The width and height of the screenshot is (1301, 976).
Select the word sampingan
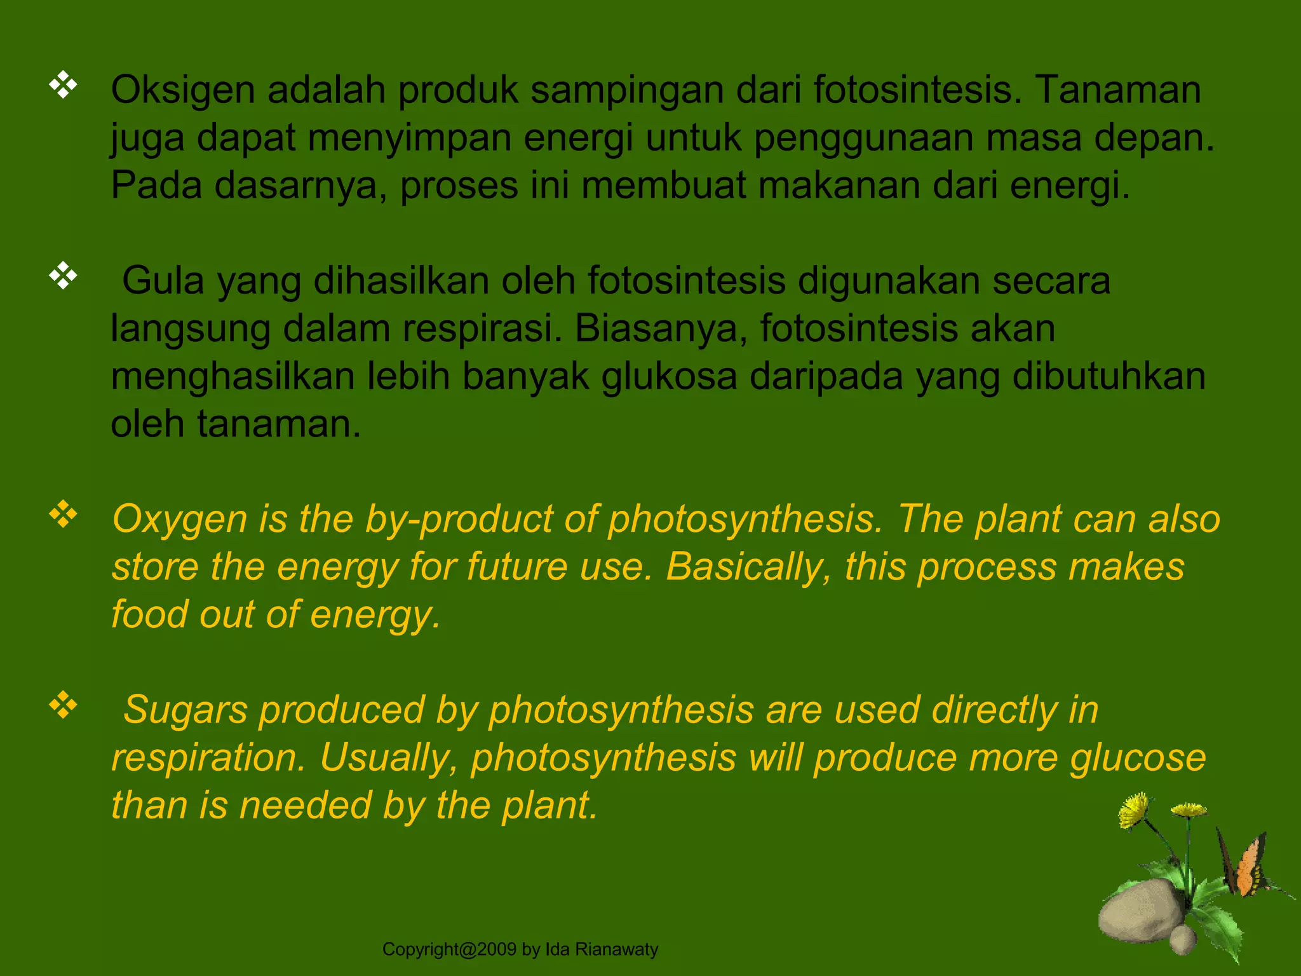coord(627,90)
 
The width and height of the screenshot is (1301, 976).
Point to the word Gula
coord(163,281)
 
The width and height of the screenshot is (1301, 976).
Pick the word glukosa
coord(669,376)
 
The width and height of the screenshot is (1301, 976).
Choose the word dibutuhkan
coord(1109,376)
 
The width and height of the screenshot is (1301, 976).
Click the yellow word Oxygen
coord(179,520)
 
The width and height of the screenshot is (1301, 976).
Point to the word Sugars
coord(185,710)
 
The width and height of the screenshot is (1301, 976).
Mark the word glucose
coord(1137,758)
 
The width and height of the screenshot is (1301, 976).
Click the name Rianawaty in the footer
coord(616,949)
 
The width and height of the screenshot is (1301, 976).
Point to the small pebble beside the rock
coord(1183,939)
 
